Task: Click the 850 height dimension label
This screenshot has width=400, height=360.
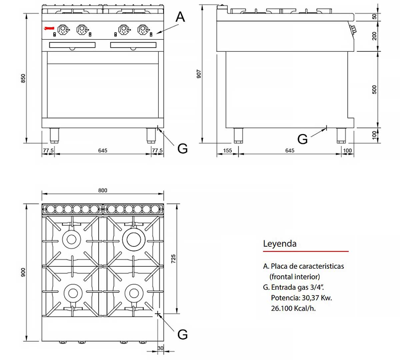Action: [23, 78]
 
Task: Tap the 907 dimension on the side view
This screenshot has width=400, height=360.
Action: [199, 74]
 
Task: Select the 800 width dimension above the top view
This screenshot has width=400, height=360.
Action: [103, 190]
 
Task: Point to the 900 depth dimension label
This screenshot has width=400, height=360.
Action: [23, 272]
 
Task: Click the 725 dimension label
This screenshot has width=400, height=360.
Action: [173, 259]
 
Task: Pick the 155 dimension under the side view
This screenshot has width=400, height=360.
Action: [227, 151]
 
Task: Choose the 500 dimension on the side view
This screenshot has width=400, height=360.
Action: [374, 89]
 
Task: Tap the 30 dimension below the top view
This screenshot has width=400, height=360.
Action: [160, 348]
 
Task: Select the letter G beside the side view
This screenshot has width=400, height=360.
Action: [302, 139]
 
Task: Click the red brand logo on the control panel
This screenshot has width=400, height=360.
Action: [49, 29]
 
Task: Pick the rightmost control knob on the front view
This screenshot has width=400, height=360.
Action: [143, 30]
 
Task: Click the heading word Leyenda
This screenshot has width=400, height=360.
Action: [280, 244]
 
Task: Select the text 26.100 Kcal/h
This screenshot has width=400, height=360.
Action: [293, 308]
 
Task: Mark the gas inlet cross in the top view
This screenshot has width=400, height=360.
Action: [158, 314]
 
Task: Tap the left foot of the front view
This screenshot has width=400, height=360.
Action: [54, 135]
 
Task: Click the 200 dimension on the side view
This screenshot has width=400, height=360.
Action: [374, 36]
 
